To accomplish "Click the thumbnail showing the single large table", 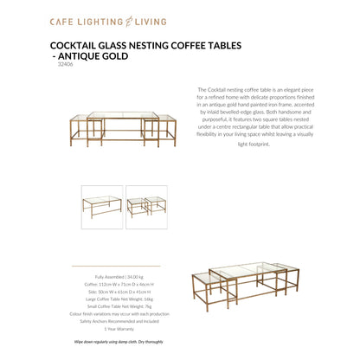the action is click(x=101, y=206).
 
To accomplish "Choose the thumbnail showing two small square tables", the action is click(x=145, y=206).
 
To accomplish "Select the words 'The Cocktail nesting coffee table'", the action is click(x=229, y=89).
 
